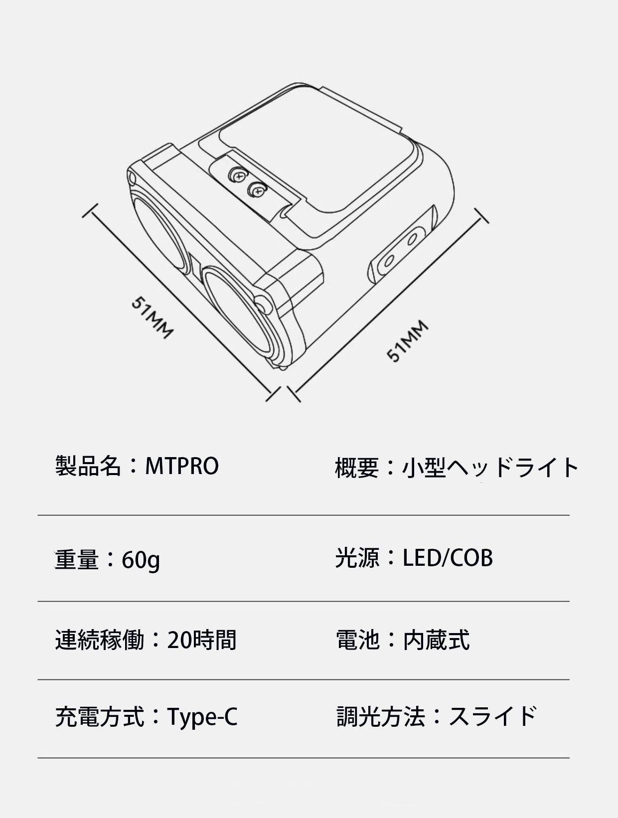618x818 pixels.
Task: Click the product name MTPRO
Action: pos(181,466)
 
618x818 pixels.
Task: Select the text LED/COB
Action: pos(448,558)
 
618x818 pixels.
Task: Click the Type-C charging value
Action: pos(202,716)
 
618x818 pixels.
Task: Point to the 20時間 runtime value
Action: pos(201,640)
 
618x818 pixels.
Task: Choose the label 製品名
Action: pos(88,466)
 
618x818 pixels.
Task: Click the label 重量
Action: pos(77,560)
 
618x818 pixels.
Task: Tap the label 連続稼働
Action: pos(100,640)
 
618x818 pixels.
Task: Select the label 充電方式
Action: pos(100,716)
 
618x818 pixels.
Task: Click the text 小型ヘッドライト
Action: pos(490,468)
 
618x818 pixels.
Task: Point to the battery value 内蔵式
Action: pos(436,640)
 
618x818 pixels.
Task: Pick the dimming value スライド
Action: pos(492,716)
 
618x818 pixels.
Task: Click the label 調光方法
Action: pos(381,716)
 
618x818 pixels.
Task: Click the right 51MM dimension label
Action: pos(408,340)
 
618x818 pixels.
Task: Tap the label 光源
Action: pos(357,558)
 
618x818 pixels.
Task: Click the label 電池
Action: pos(358,640)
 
